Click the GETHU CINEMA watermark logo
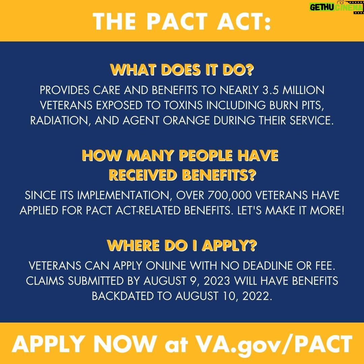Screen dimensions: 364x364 [x=336, y=7]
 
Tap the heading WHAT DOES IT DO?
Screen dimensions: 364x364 [x=182, y=70]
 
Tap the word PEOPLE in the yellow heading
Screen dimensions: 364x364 [x=206, y=155]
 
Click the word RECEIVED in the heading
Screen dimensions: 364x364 [x=143, y=175]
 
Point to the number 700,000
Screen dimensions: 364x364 [x=230, y=195]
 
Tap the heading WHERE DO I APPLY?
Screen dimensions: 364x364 [x=182, y=245]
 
